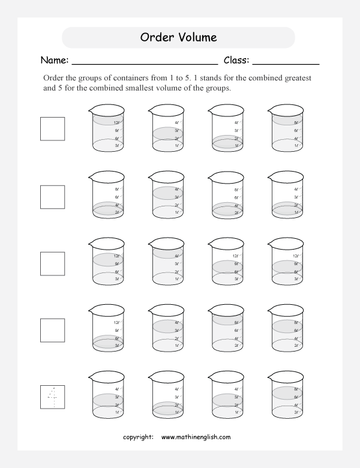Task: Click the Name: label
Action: coord(55,61)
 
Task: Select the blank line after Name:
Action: coord(144,62)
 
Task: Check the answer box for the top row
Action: coord(52,128)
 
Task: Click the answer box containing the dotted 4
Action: coord(52,396)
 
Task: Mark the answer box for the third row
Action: coord(52,263)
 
